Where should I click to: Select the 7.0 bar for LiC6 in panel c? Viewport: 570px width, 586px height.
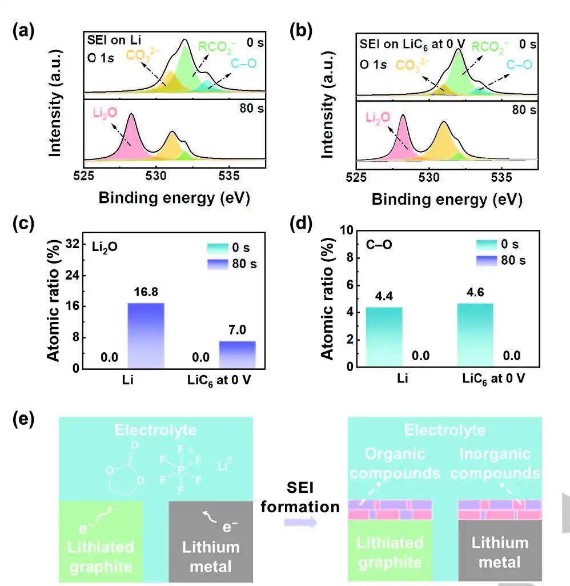[x=237, y=354]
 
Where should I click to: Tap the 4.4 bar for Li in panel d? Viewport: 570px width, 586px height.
[x=384, y=337]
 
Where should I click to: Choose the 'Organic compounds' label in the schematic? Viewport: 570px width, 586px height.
[x=395, y=464]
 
